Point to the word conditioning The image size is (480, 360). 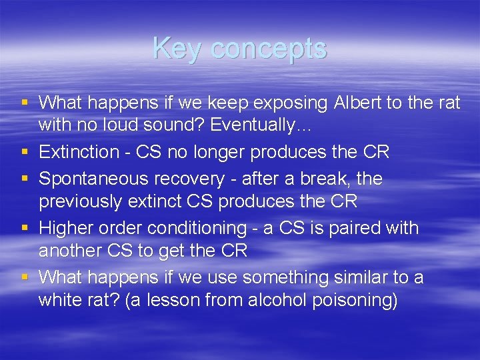[x=197, y=229]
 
